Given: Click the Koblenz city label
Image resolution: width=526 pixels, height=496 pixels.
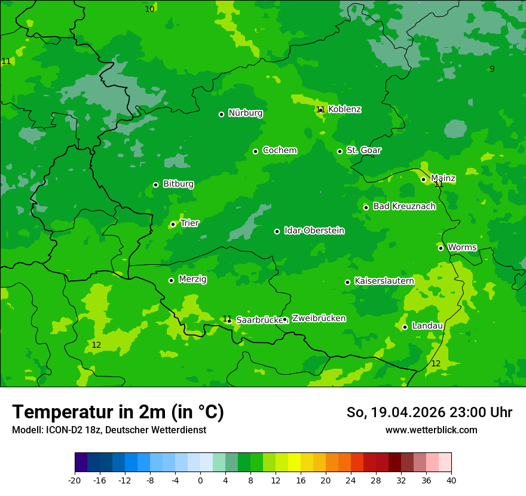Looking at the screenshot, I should [x=344, y=109].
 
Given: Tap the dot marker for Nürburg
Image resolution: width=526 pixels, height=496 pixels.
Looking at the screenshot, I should [x=221, y=114].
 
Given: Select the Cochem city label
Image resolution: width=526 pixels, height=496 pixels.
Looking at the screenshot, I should [x=279, y=150].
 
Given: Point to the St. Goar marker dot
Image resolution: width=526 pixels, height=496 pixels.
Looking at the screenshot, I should [x=340, y=151].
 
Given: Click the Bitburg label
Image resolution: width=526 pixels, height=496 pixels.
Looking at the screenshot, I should [x=178, y=184].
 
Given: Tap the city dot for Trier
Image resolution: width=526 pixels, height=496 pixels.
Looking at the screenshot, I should [x=173, y=224].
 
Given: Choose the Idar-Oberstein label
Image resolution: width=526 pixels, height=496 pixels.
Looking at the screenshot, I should [x=314, y=231].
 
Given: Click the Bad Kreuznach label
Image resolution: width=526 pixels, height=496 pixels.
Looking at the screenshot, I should [x=404, y=206].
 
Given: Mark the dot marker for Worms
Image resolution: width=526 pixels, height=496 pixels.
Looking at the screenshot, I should [x=441, y=248].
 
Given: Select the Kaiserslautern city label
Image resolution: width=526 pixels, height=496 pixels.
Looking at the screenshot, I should [x=384, y=281].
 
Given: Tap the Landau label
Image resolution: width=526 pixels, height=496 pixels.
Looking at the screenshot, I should [x=427, y=326].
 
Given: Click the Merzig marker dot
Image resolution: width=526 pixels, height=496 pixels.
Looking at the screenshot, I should [x=171, y=280].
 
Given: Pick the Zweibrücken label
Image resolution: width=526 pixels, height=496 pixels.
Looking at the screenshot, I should [x=319, y=319].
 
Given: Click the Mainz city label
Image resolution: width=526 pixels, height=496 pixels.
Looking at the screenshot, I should [x=443, y=178].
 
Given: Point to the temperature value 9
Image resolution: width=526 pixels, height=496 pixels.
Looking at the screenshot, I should [x=492, y=69].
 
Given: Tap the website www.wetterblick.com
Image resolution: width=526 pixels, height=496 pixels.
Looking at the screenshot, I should [x=431, y=430].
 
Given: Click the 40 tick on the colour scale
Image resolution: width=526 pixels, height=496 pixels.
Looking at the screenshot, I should [x=451, y=480].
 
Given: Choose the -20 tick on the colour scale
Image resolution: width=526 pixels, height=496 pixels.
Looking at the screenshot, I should [x=74, y=480].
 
